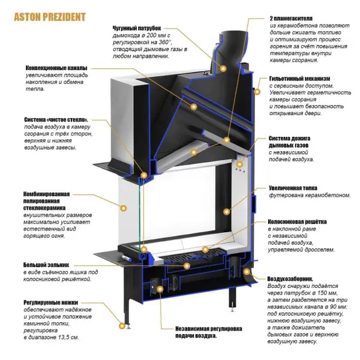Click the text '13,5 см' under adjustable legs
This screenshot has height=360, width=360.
pos(67,338)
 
